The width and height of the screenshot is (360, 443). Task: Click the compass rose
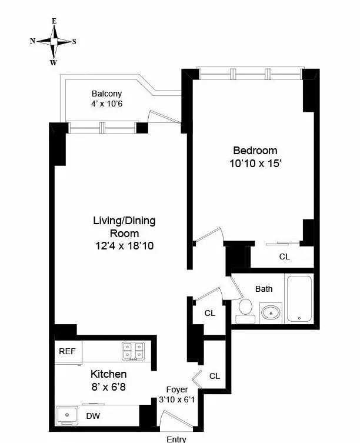(x=54, y=42)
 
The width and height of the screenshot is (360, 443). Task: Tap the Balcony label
(x=106, y=94)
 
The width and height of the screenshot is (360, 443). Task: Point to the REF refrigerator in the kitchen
(x=67, y=351)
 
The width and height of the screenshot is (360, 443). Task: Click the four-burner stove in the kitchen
(x=134, y=351)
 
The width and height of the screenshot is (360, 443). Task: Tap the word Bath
(x=264, y=289)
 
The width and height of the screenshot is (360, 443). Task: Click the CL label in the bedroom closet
(x=284, y=257)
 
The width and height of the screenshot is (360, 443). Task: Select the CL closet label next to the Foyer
(x=215, y=376)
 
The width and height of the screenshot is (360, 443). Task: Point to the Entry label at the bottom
(x=176, y=439)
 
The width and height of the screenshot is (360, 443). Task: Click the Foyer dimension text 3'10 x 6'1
(x=176, y=398)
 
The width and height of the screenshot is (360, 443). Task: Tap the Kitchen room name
(x=108, y=374)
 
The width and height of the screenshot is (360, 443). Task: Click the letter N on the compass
(x=33, y=41)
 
